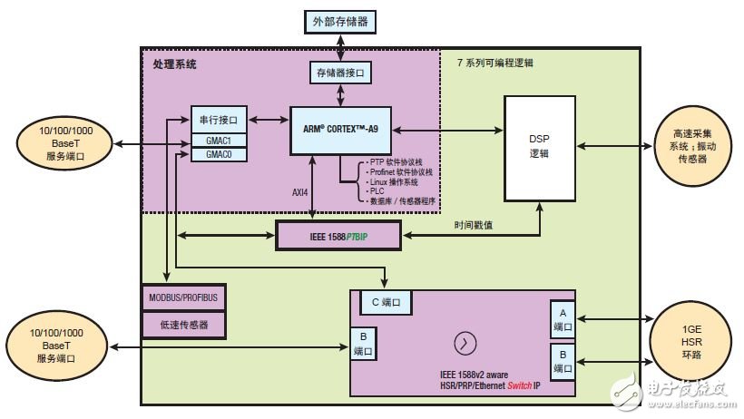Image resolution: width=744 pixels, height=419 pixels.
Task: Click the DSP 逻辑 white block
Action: [x=540, y=148]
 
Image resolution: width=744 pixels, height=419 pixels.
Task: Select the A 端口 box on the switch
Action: [x=562, y=318]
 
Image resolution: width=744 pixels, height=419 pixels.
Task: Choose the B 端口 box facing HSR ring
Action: [x=562, y=360]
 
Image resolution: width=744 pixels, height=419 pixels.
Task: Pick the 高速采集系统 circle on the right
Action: [x=691, y=145]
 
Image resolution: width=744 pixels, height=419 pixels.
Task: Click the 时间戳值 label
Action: [x=475, y=224]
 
